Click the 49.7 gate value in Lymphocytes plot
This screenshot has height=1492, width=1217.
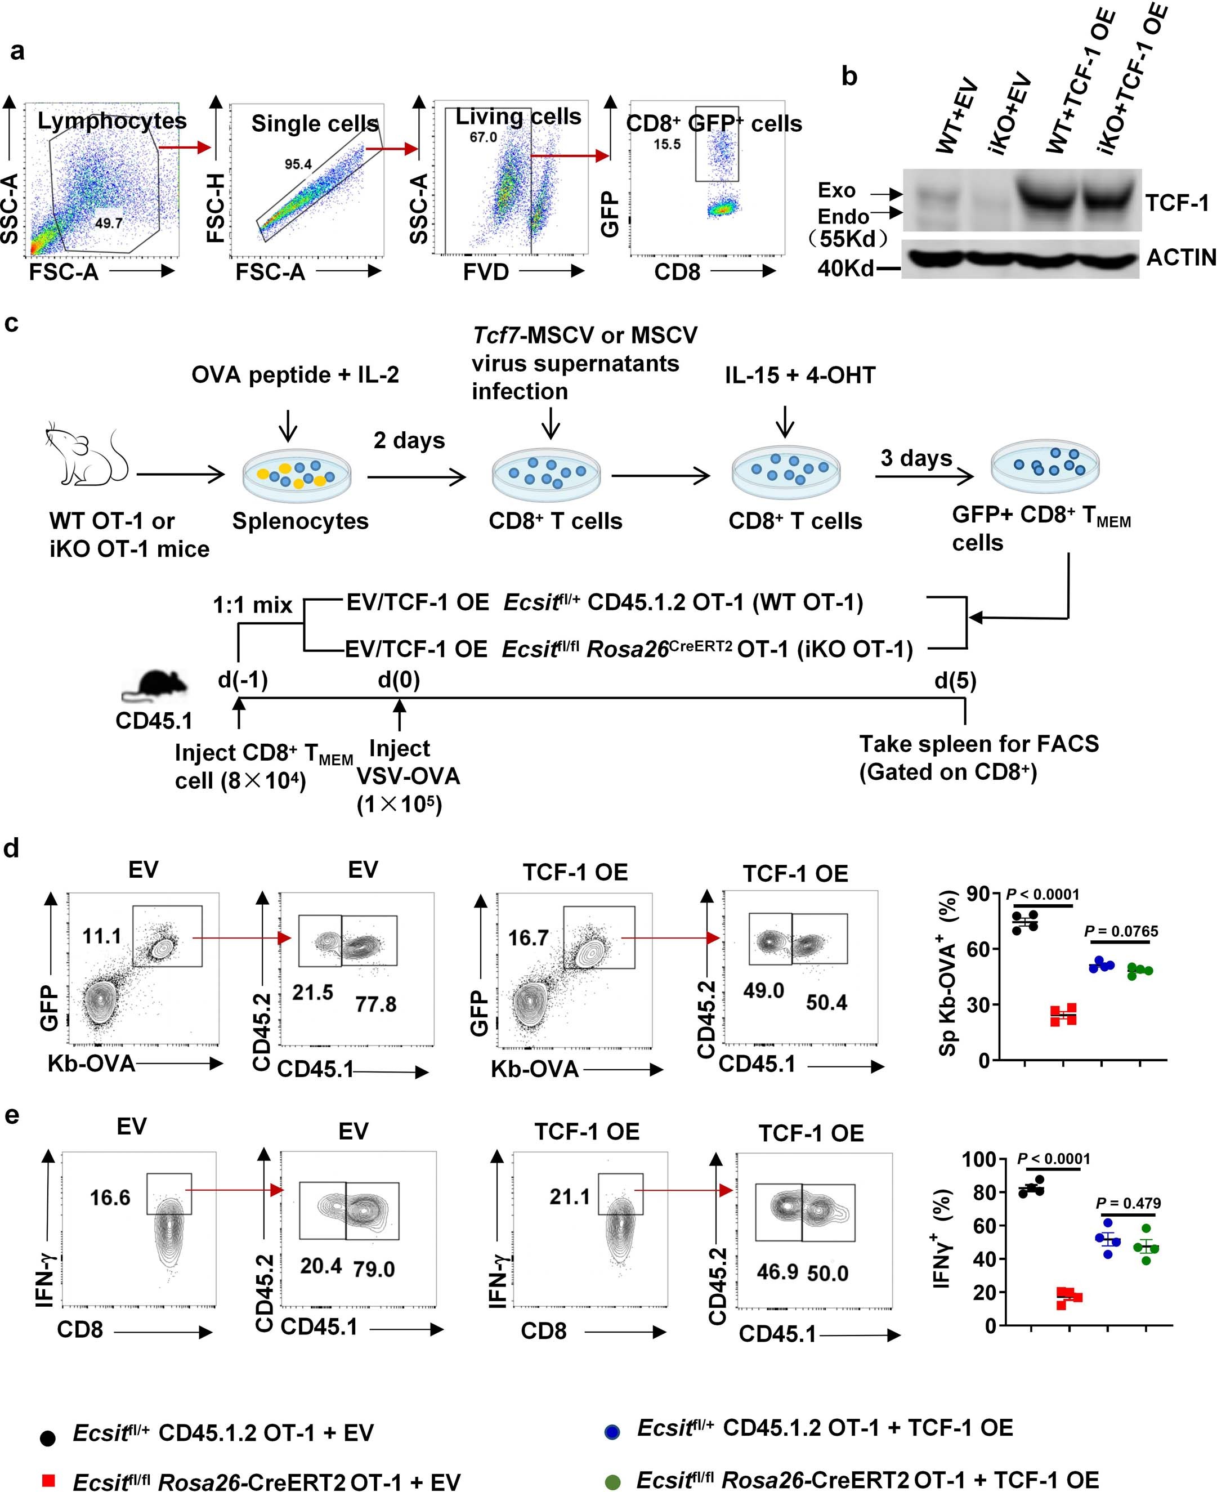pos(109,224)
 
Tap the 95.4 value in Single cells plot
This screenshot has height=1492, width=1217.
pos(298,164)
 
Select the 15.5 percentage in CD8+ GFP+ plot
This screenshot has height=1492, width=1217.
pos(666,145)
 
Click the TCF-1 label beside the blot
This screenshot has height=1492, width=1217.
pos(1177,203)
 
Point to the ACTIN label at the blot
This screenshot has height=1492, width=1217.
pos(1180,257)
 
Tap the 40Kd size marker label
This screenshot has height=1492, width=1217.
pos(845,268)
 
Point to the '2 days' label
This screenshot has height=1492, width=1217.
pos(409,440)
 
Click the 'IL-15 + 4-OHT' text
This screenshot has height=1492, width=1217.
pos(800,375)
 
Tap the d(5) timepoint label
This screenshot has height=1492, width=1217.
pos(955,680)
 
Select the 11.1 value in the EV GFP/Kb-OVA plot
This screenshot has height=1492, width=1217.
pos(102,936)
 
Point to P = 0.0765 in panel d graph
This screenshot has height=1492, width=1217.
pos(1121,931)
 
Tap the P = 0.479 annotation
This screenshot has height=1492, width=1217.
pos(1128,1204)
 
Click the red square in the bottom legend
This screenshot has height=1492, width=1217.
pos(48,1480)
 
